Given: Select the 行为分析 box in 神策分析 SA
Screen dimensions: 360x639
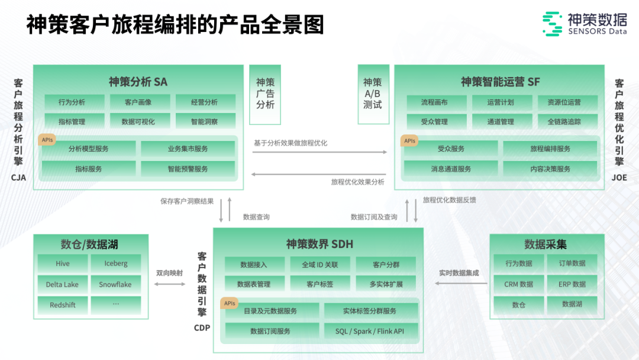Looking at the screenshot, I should (x=72, y=102).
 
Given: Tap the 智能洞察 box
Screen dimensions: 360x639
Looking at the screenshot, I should (x=204, y=121).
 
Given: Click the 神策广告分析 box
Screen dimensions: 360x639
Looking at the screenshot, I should (x=265, y=94).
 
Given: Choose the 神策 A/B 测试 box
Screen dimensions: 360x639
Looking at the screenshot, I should (x=373, y=94).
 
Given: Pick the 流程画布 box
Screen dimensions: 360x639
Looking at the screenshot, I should (x=434, y=102).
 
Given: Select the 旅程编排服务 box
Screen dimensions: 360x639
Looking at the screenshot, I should (x=550, y=149).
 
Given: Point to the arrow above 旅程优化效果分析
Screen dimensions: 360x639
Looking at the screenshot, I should (x=319, y=173).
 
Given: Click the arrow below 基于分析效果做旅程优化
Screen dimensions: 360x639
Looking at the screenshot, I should (x=319, y=152).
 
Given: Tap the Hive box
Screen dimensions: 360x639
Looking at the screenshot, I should (x=63, y=263).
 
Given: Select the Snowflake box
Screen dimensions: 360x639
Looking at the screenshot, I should (x=115, y=284).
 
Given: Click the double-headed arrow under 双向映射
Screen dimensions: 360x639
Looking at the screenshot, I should (x=169, y=284).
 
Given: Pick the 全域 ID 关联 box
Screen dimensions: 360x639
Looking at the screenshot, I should (x=319, y=264).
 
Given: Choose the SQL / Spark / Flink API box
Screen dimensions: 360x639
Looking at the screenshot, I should (x=369, y=331).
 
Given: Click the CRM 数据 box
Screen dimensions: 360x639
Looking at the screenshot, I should (x=519, y=284).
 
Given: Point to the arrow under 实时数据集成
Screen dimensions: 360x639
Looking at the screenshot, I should (x=461, y=284).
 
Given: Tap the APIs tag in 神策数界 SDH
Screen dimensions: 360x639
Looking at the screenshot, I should (x=230, y=303).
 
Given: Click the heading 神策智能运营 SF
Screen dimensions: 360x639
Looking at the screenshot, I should (x=500, y=82).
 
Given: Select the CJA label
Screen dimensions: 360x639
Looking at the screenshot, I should (x=18, y=177).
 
